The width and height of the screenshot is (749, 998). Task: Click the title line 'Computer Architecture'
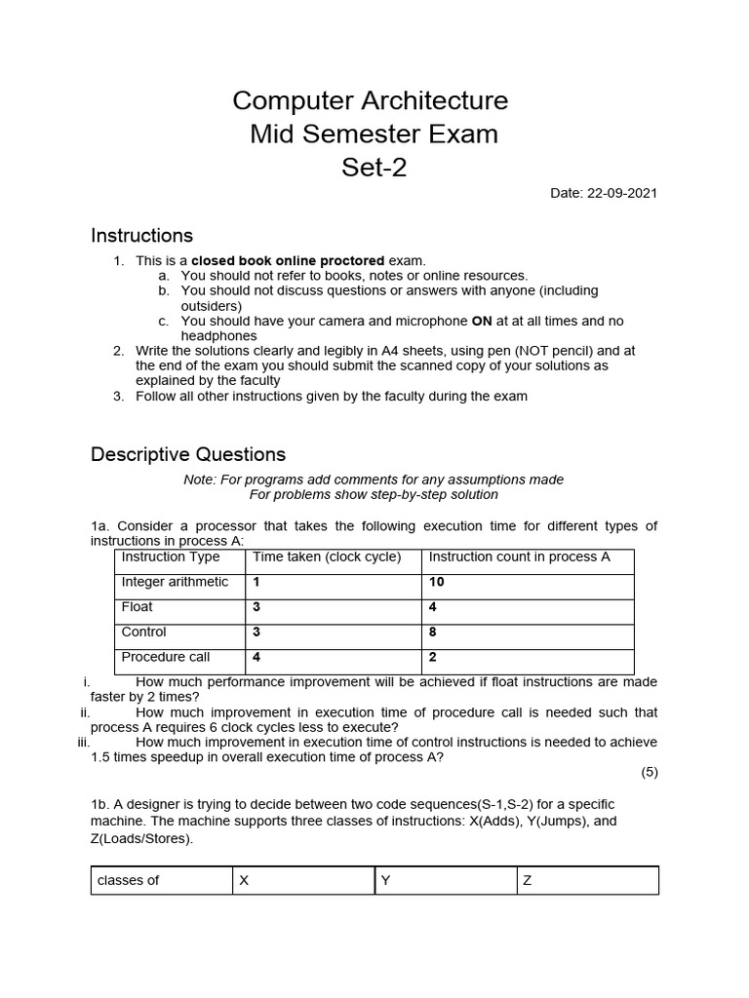pos(371,101)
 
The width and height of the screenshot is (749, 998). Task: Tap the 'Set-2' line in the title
pos(374,168)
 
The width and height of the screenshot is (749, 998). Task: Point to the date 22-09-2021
pos(604,193)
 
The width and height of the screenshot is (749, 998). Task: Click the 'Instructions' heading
pos(141,236)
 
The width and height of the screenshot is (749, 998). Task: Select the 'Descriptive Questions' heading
pos(188,454)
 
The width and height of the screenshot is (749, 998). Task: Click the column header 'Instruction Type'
pos(171,557)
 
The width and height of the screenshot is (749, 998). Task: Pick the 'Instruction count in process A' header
pos(520,557)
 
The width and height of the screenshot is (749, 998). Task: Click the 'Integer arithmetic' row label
pos(175,582)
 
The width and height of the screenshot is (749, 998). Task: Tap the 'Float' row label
pos(138,606)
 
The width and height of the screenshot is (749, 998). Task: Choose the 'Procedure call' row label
pos(166,657)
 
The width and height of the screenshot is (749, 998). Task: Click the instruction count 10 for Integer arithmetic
pos(437,582)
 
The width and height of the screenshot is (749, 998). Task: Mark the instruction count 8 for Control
pos(433,632)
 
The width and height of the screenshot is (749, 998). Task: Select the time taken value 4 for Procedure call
pos(256,657)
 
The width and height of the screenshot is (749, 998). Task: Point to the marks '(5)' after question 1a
pos(650,773)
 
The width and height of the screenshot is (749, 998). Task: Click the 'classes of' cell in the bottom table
pos(128,880)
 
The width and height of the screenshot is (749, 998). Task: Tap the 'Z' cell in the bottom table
pos(528,880)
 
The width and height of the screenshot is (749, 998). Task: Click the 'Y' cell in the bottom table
pos(385,880)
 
